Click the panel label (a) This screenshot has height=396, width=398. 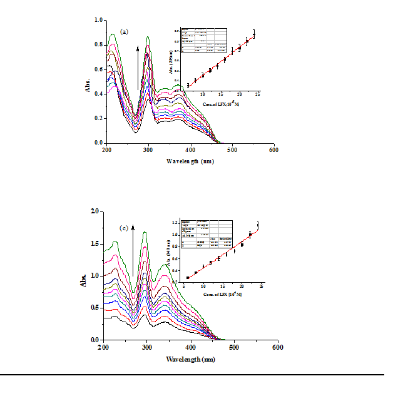tap(124, 31)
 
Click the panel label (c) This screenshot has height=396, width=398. tap(125, 228)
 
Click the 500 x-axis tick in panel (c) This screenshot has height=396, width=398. tap(234, 347)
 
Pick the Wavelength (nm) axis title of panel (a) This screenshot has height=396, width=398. tap(191, 161)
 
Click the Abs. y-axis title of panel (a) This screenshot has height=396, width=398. tap(88, 85)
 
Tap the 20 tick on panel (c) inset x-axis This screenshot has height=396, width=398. tap(242, 287)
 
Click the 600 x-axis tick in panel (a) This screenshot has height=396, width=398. tap(273, 151)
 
